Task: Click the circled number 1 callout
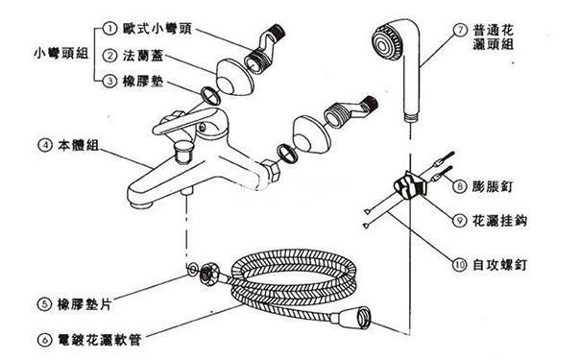click(109, 29)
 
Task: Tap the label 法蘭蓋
click(143, 56)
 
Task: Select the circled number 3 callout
click(109, 81)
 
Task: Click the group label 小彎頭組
click(61, 54)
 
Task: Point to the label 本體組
click(78, 145)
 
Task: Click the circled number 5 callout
click(44, 305)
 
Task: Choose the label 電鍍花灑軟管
click(100, 340)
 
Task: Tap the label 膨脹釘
click(493, 186)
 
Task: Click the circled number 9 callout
click(459, 221)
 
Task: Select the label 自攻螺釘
click(500, 265)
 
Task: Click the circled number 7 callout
click(461, 30)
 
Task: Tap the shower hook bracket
click(410, 184)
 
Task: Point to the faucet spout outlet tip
click(140, 204)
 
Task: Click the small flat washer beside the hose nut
click(192, 270)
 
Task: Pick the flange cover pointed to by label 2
click(234, 78)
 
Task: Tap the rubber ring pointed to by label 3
click(210, 96)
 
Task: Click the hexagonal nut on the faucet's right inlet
click(272, 171)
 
